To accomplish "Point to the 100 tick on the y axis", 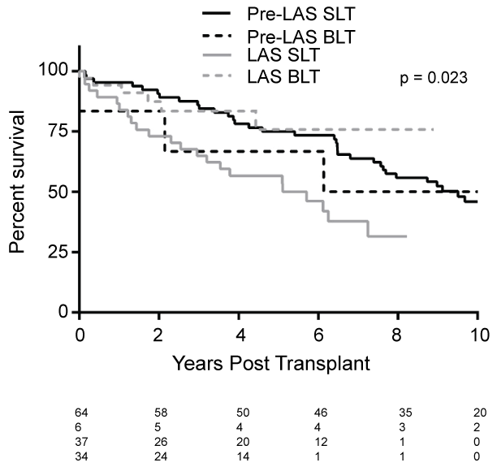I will pos(54,71).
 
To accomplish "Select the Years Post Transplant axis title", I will pos(272,363).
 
